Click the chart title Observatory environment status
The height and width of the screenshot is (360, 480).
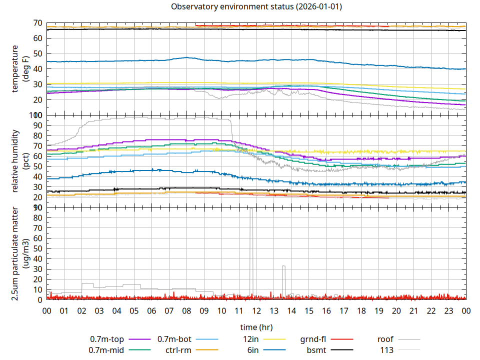[256, 7]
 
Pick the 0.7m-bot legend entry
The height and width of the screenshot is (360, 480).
[174, 339]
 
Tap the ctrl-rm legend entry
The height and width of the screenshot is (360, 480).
[177, 350]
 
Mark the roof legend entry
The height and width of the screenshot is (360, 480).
[385, 339]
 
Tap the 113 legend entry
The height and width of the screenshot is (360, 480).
[387, 350]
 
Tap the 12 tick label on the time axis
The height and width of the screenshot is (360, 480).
[256, 310]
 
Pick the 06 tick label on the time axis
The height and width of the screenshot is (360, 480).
[151, 310]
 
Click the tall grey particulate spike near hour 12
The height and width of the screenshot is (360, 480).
[251, 250]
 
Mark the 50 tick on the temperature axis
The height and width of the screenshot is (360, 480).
[38, 53]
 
